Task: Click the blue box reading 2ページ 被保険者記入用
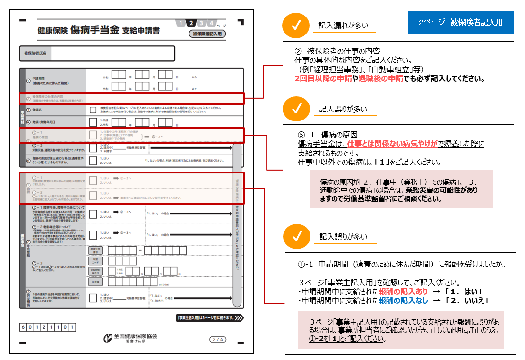(461, 22)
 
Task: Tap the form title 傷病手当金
(95, 31)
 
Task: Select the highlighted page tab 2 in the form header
(190, 24)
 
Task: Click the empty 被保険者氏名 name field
(112, 53)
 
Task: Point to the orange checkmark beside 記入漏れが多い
(296, 26)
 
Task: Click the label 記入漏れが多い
(344, 26)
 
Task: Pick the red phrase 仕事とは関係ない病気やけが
(387, 143)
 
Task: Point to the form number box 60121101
(47, 327)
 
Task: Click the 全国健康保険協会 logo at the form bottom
(130, 338)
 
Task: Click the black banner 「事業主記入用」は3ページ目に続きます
(209, 318)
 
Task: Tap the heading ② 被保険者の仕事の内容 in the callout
(337, 51)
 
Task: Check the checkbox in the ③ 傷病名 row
(94, 110)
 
